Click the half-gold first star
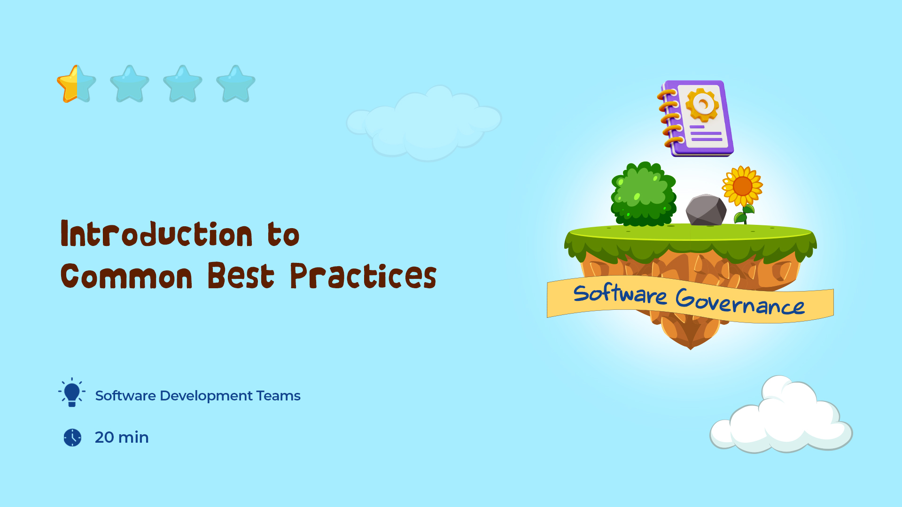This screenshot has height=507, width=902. pos(77,84)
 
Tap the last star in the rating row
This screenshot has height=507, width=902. pos(236,84)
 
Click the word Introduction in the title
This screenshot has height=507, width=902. pos(156,233)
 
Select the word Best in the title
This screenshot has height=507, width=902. pos(241,276)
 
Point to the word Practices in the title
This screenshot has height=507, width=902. pos(363,276)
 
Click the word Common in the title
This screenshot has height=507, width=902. pos(126,276)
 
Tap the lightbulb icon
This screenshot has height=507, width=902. pos(72,392)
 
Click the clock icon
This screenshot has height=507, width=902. pos(72,438)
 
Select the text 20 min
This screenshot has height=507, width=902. pos(122,438)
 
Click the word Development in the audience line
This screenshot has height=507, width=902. pos(206,396)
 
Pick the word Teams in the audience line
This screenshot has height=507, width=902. pos(279,396)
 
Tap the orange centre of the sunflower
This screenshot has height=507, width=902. pos(742,187)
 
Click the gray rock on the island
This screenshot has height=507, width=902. pos(706,210)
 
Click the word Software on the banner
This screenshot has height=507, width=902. pos(620,294)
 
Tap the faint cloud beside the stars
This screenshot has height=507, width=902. pos(424,123)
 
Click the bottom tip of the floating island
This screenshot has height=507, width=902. pos(690,349)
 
